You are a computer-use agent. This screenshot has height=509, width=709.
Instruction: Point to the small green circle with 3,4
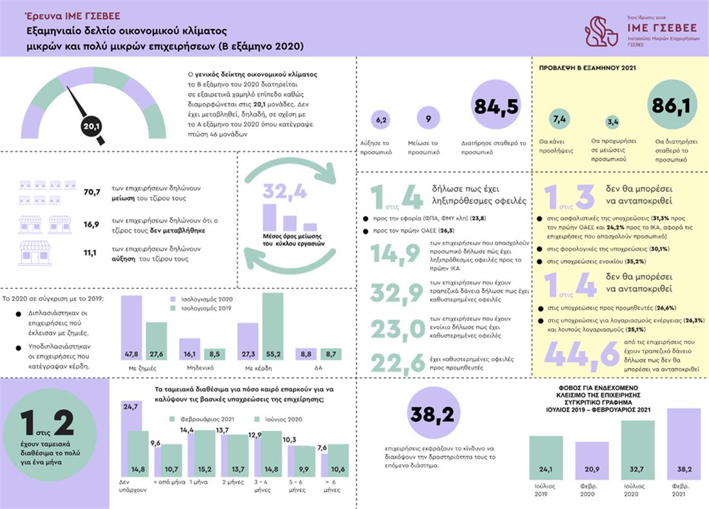pyautogui.click(x=613, y=122)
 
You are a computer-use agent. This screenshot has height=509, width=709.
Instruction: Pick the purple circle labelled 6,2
pyautogui.click(x=380, y=120)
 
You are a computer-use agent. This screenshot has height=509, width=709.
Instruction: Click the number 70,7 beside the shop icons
pyautogui.click(x=92, y=192)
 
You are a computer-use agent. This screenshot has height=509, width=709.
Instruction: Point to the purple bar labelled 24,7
pyautogui.click(x=131, y=441)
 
